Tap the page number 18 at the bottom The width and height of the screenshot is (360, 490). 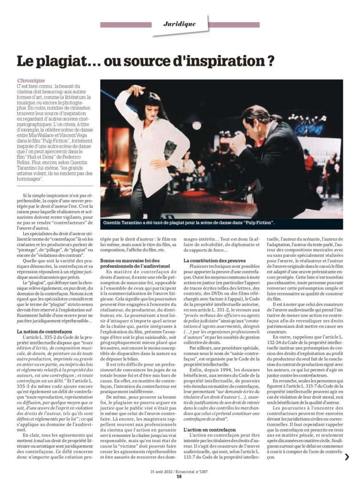click(x=179, y=476)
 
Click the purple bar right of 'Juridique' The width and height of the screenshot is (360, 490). click(x=234, y=24)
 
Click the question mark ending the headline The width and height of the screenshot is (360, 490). click(x=270, y=61)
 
